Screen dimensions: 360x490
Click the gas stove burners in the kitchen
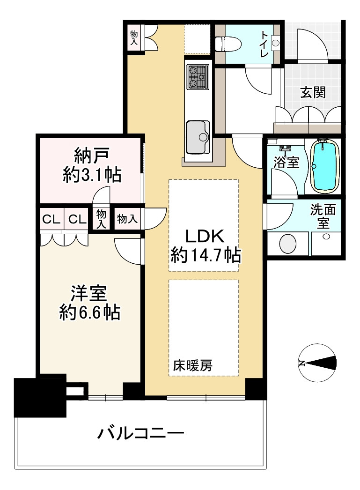[198, 76]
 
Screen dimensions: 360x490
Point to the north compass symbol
[317, 363]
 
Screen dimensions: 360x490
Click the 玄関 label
[313, 92]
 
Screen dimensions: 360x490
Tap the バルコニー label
[141, 433]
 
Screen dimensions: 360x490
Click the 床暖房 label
[193, 365]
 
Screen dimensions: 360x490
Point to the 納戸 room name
[92, 156]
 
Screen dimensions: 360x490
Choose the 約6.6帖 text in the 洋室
[89, 312]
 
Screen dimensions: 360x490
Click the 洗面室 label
[323, 216]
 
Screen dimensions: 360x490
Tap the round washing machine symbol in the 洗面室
[287, 244]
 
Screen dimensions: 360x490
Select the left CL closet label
[51, 219]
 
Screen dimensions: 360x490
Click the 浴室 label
[287, 162]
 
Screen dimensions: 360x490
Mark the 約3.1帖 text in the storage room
[92, 175]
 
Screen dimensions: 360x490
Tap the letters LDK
[205, 236]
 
